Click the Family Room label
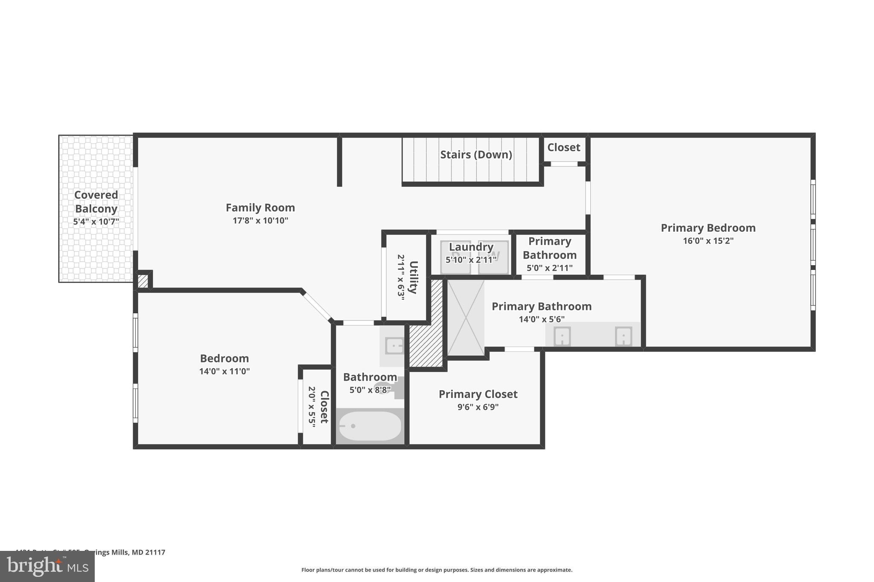260,208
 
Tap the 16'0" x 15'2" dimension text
708,240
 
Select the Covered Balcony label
96,202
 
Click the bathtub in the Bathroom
370,426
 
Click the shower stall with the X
466,318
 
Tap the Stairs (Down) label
476,154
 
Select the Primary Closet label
478,394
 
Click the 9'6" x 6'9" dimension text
478,407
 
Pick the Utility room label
413,277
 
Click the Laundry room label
471,247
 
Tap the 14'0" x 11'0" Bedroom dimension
224,371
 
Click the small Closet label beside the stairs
564,148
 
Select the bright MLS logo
47,566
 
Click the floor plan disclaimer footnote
437,570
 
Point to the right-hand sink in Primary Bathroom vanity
623,336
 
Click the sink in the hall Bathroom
394,345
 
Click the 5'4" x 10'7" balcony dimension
96,222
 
